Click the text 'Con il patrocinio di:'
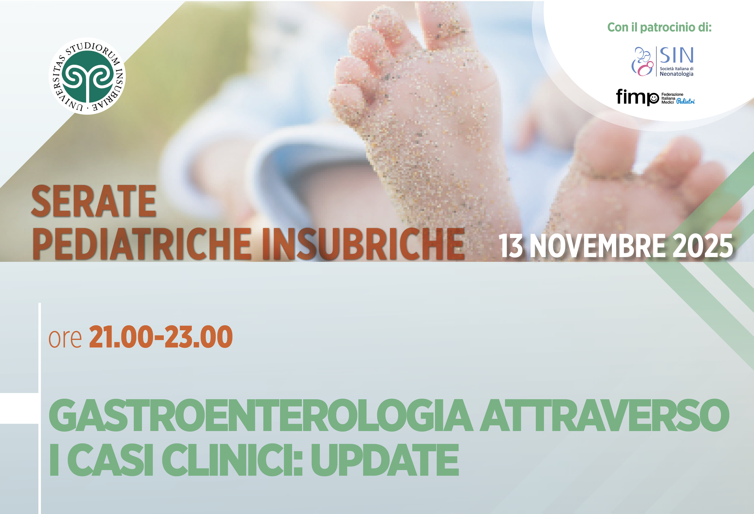point(659,27)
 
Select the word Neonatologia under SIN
point(677,74)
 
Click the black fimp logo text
point(637,97)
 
